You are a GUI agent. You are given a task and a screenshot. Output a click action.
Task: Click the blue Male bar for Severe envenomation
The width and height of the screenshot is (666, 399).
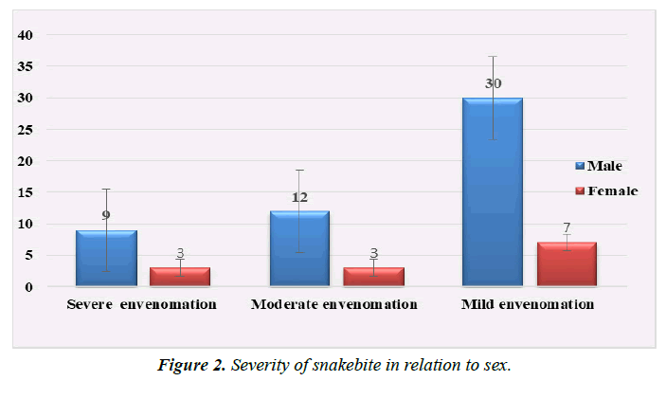(x=106, y=257)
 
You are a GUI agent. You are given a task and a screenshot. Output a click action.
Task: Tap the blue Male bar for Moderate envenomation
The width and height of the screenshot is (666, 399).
(x=298, y=247)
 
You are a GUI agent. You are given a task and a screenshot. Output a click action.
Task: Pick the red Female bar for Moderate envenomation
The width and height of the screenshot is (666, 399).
(x=373, y=276)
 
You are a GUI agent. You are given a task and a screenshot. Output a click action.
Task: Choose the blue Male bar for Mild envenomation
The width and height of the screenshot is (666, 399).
(x=492, y=190)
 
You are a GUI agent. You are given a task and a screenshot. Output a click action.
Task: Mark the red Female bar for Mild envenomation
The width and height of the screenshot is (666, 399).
(x=567, y=263)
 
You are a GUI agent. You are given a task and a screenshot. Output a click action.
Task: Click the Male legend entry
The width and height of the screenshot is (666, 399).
(x=603, y=166)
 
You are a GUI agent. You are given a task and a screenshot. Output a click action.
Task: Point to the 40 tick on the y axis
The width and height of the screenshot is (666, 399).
(x=26, y=36)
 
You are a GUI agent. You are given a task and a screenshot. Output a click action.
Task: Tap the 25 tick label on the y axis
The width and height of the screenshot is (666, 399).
(x=26, y=130)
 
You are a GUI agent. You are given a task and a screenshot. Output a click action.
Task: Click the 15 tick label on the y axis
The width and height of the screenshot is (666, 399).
(x=26, y=192)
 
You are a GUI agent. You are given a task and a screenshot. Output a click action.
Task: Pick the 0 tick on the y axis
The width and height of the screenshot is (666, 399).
(x=29, y=286)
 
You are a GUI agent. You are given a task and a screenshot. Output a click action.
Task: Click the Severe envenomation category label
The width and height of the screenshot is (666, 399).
(x=141, y=305)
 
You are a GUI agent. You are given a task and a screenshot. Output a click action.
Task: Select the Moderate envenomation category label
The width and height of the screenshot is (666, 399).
(x=333, y=305)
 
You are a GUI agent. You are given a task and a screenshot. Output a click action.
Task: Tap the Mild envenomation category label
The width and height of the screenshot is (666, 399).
(x=528, y=305)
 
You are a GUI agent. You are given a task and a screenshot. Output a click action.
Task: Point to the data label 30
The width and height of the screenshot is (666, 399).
(x=493, y=83)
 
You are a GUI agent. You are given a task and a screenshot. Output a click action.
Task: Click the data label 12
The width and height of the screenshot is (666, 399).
(x=298, y=197)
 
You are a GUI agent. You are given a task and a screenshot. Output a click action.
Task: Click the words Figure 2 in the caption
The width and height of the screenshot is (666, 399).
(x=193, y=366)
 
